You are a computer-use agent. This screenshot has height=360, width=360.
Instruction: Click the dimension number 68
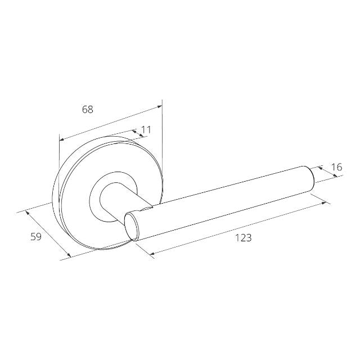(87, 110)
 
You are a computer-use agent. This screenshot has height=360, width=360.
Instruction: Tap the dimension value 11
(146, 129)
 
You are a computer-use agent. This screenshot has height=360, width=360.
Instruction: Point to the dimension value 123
(242, 237)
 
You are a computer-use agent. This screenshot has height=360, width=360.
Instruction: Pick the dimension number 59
(35, 237)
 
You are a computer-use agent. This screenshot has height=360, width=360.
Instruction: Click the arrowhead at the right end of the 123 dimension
(327, 202)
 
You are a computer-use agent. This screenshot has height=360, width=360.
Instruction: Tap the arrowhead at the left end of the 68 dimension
(61, 139)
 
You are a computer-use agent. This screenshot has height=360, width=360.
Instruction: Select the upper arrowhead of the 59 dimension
(26, 213)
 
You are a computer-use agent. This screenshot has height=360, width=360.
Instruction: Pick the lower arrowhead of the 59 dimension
(69, 257)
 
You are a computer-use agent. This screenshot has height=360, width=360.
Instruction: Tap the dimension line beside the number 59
(48, 235)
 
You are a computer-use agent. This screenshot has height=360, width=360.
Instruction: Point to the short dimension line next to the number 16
(327, 172)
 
